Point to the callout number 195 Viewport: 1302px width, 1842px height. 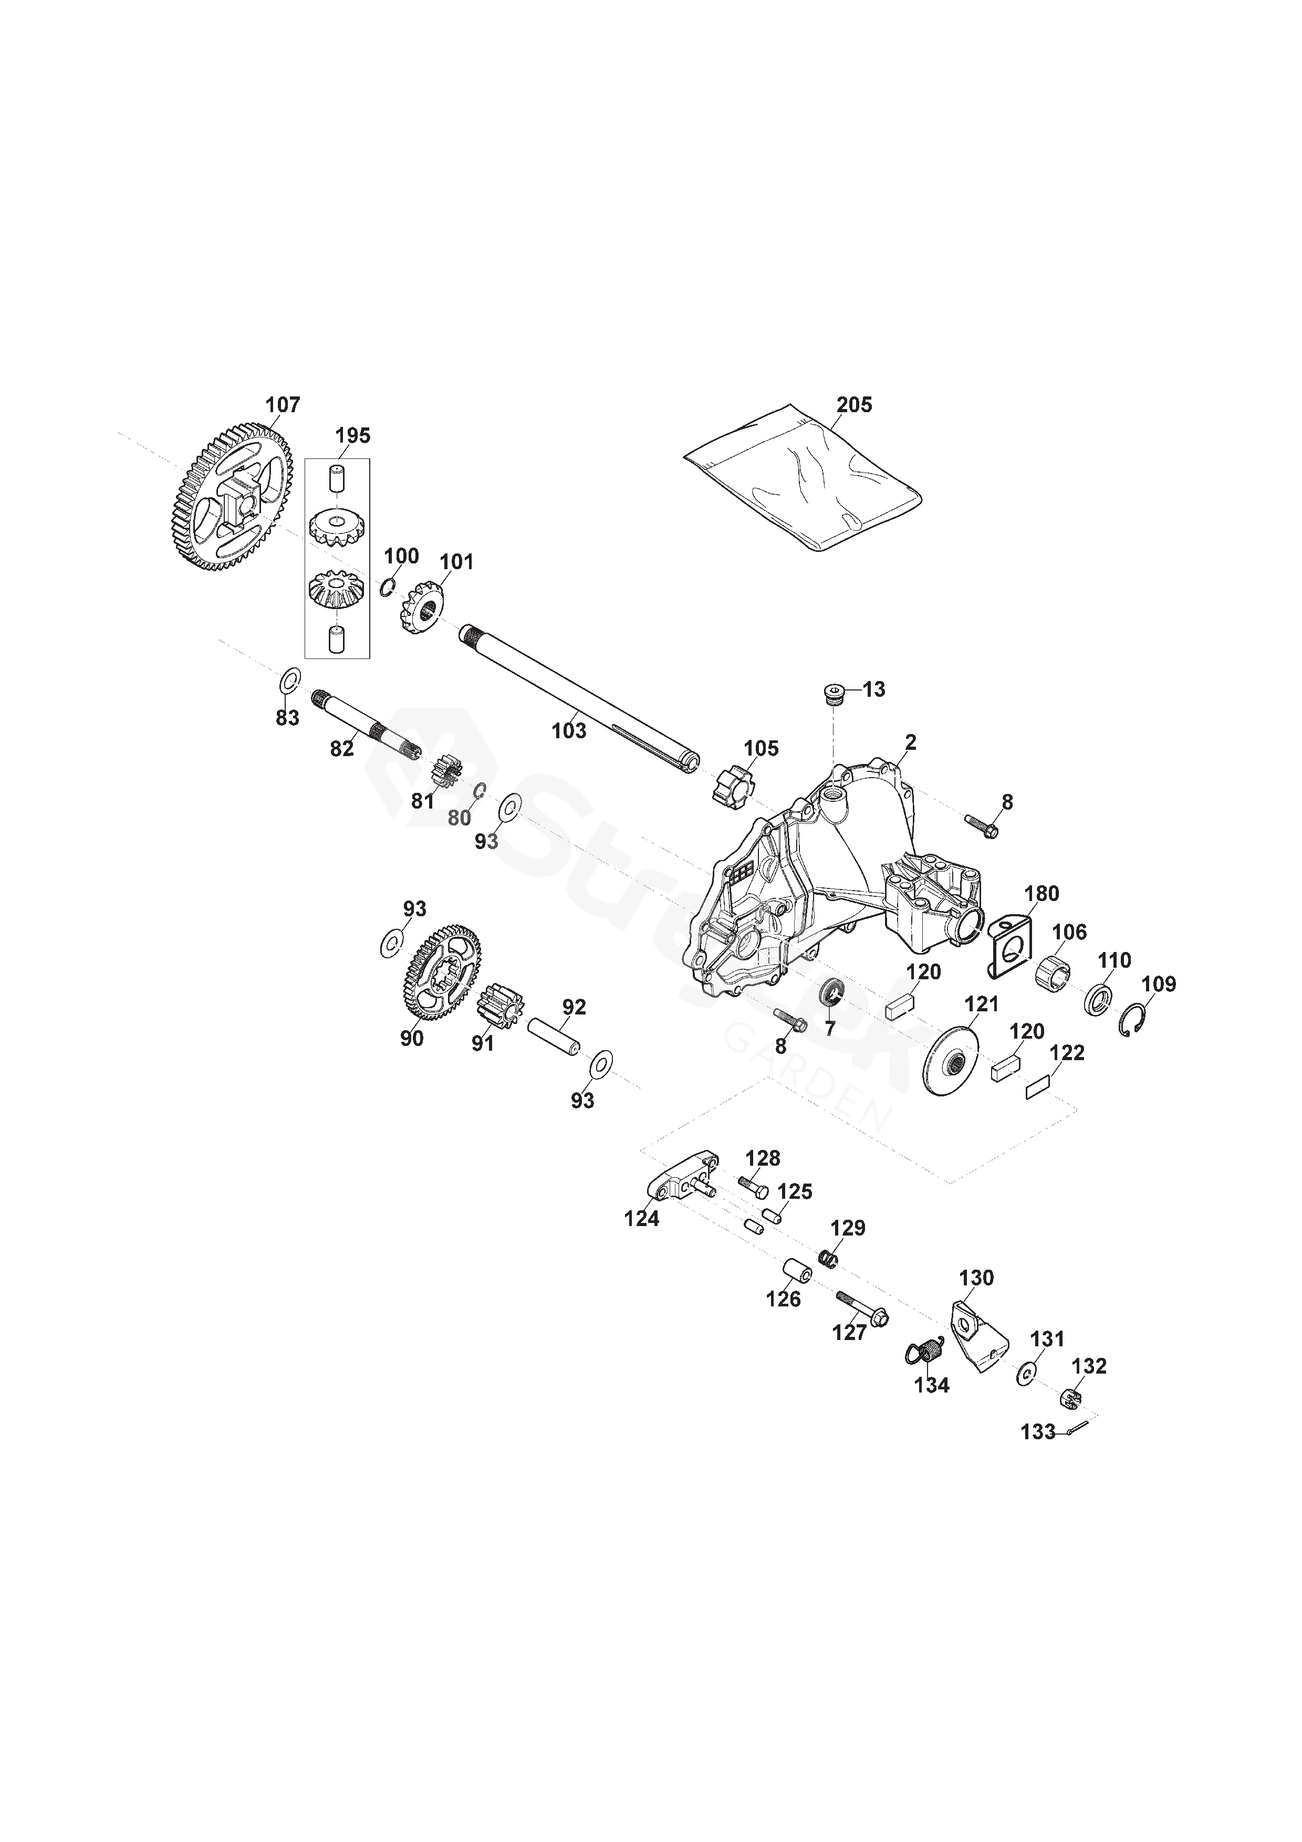pyautogui.click(x=352, y=436)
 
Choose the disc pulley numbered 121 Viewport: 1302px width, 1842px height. pyautogui.click(x=952, y=1061)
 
